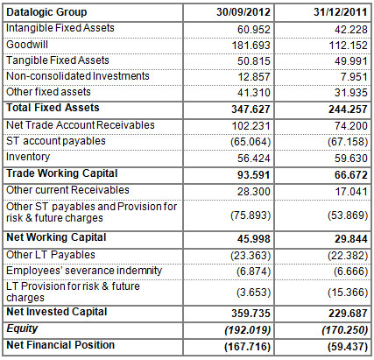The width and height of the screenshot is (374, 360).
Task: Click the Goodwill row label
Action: point(27,44)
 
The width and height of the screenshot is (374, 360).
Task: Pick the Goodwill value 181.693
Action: point(243,44)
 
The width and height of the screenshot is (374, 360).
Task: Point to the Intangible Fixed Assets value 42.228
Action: point(333,29)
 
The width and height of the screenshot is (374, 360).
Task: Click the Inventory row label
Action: point(28,158)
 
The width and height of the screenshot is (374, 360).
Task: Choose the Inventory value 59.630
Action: point(333,159)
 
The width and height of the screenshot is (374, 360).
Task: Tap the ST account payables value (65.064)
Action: point(241,141)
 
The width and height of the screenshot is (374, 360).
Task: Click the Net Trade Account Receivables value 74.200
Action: point(333,124)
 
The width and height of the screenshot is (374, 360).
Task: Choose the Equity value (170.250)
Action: point(328,328)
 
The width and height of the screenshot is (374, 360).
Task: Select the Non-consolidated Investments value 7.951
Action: point(336,76)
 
